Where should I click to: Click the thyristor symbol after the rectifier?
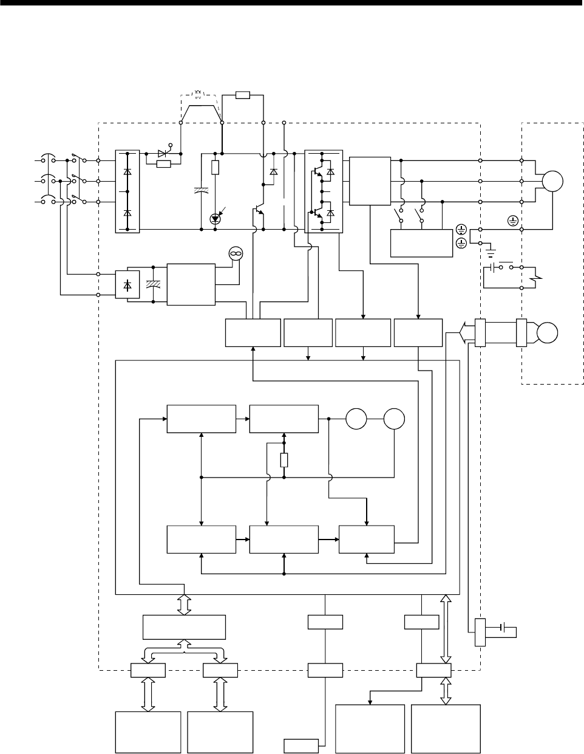pos(162,154)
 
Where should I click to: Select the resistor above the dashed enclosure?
pos(242,95)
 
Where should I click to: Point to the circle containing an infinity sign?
pos(235,253)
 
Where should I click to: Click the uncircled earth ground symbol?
pos(491,249)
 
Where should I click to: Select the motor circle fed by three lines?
pos(552,181)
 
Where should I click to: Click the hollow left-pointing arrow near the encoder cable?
pos(463,333)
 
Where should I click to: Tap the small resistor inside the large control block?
pos(284,461)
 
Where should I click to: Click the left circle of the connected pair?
pos(357,419)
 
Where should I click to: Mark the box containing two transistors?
pos(324,191)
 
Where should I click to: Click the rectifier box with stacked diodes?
pos(127,191)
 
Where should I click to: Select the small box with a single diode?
pos(127,285)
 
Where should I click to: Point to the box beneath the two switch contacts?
pos(422,244)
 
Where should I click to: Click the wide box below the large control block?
pos(184,627)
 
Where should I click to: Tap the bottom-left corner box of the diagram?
pos(148,732)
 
